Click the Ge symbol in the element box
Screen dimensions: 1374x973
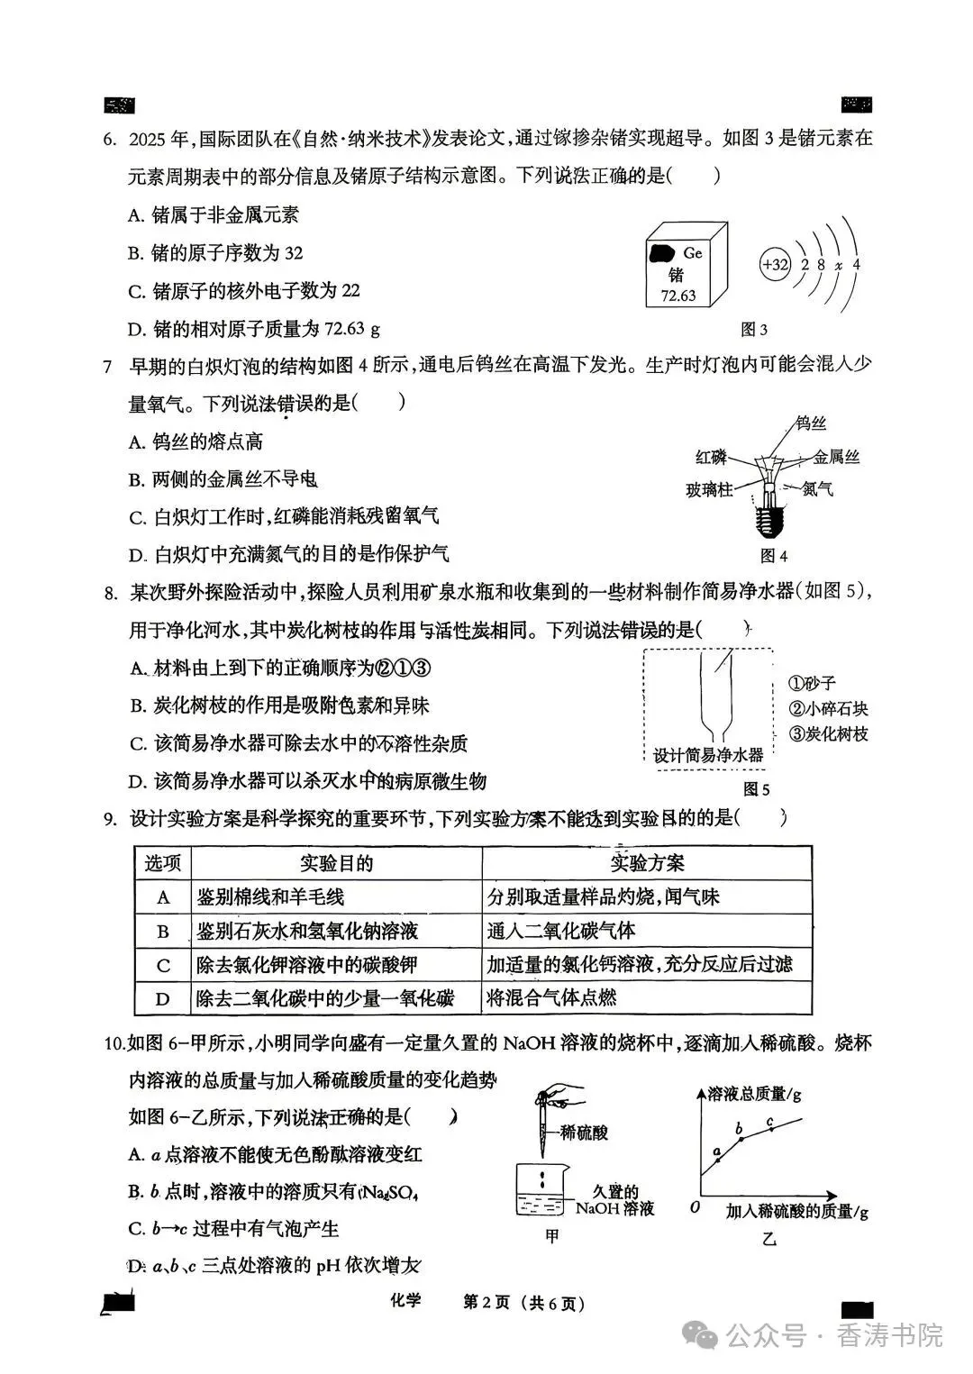[x=692, y=253]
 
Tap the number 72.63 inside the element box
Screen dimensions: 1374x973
[x=677, y=296]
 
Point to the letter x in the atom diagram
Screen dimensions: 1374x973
[x=838, y=265]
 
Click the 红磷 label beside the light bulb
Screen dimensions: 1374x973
[x=711, y=457]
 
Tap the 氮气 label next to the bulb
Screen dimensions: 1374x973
[x=817, y=489]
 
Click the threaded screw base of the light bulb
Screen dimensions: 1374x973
[x=768, y=520]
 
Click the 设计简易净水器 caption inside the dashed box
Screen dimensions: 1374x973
[x=707, y=755]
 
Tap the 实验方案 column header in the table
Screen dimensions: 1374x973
[x=647, y=863]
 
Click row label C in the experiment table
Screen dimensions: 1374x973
[x=163, y=965]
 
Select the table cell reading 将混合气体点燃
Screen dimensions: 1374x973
[x=551, y=998]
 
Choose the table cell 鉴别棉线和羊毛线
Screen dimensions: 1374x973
[x=270, y=897]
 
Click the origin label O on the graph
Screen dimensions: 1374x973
[x=695, y=1206]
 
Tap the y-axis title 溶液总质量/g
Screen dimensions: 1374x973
[x=754, y=1094]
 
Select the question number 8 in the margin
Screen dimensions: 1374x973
[x=109, y=592]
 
